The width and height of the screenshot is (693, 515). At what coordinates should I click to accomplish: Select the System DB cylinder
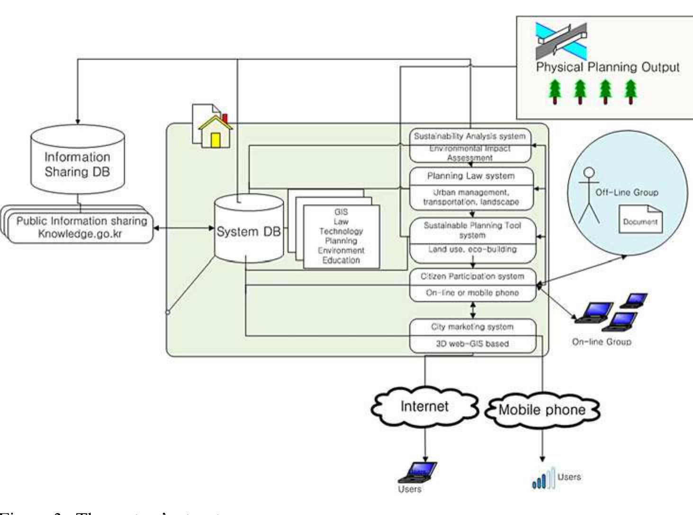pos(248,230)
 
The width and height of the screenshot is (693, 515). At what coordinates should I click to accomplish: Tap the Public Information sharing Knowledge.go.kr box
pos(81,227)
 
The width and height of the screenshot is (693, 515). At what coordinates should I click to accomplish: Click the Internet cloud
pos(424,407)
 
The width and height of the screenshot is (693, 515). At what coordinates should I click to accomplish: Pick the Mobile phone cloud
pos(542,409)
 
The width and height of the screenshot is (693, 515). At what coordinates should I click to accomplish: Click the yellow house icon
pos(216,133)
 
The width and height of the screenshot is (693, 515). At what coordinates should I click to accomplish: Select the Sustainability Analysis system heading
pos(469,136)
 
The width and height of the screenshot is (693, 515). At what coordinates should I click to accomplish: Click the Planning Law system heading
pos(470,176)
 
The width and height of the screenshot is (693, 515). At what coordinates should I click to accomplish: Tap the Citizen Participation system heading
pos(472,276)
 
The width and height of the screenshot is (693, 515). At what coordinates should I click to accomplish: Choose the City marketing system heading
pos(472,327)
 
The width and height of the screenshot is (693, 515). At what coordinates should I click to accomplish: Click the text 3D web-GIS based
pos(472,344)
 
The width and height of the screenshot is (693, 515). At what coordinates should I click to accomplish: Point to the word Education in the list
pos(341,260)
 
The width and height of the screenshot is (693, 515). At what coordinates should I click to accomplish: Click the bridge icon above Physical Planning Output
pos(561,41)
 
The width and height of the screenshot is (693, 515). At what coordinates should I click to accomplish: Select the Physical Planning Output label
pos(607,67)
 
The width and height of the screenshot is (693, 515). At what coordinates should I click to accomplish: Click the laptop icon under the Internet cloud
pos(418,471)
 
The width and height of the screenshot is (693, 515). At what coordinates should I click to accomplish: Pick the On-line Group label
pos(602,342)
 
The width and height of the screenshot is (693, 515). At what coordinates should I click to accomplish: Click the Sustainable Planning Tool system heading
pos(472,230)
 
